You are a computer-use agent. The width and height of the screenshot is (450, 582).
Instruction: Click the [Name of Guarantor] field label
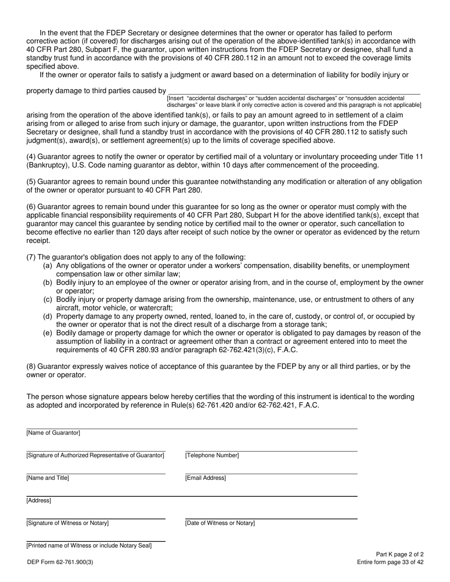tap(53, 433)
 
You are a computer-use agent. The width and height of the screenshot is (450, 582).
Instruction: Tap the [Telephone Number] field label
tap(212, 456)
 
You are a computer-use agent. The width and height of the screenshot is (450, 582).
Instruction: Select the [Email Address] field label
tap(205, 478)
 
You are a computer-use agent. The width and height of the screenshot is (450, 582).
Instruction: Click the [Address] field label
tap(38, 501)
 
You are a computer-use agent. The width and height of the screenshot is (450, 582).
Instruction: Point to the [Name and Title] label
tap(47, 478)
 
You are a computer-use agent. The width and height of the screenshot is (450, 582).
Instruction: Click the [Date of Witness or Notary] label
tap(220, 523)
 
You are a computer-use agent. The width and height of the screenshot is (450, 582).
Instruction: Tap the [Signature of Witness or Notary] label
tap(67, 523)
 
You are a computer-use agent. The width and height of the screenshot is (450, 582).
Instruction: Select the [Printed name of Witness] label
tap(89, 546)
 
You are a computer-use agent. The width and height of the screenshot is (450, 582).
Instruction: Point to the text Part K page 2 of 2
tap(400, 555)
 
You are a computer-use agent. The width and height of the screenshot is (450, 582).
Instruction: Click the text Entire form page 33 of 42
tap(390, 563)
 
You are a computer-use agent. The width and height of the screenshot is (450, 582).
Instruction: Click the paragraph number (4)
tap(31, 157)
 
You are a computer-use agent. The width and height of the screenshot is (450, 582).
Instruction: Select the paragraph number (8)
tap(31, 366)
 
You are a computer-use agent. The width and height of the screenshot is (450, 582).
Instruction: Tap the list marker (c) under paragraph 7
tap(48, 300)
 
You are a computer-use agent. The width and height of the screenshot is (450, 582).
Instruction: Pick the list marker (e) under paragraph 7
tap(48, 333)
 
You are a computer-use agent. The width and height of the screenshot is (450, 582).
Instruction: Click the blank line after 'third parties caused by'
tap(294, 91)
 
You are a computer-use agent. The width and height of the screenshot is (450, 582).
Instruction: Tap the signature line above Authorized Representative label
tap(96, 451)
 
